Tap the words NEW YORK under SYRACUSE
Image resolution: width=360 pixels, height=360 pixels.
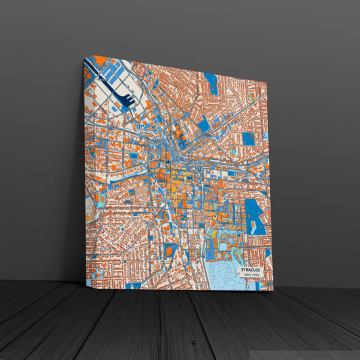(251, 276)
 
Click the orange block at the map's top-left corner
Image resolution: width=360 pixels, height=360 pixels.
(101, 60)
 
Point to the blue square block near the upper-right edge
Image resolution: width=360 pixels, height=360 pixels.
(249, 138)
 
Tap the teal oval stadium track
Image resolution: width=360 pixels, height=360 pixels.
(237, 255)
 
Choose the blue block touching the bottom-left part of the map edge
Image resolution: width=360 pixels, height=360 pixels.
(133, 286)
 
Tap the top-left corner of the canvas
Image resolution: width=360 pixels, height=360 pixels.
(84, 56)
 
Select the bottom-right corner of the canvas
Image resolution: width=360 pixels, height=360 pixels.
(274, 291)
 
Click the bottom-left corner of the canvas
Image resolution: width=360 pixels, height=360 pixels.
(86, 286)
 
